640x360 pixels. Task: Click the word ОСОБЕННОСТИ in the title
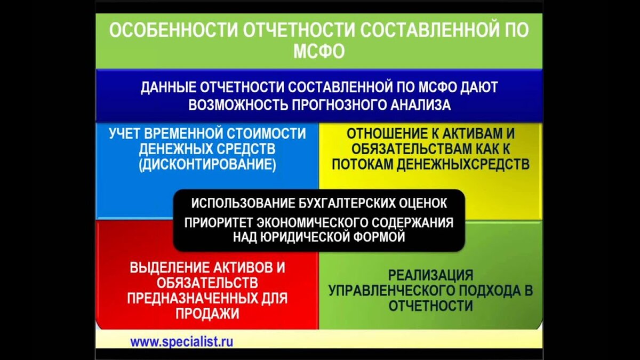coord(174,30)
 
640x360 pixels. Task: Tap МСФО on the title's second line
coord(319,51)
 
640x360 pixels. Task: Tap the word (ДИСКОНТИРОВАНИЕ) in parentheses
coord(207,165)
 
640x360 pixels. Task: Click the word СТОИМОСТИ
coord(266,134)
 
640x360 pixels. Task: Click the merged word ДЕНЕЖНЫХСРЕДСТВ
coord(463,165)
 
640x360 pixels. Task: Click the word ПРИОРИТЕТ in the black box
coord(218,223)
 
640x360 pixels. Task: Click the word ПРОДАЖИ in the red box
coord(207,314)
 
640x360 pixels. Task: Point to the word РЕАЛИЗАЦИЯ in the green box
coord(430,275)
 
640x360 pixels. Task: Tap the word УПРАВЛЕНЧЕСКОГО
coord(391,291)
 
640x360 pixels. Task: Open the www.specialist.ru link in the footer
coord(182,342)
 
